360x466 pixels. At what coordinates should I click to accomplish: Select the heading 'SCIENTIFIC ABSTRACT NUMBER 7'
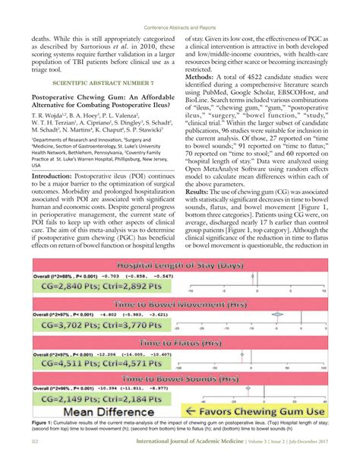[x=99, y=82]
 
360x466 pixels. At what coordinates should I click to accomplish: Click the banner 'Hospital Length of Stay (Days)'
[x=180, y=266]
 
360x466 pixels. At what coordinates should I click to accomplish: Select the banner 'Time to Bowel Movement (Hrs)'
[x=180, y=303]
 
